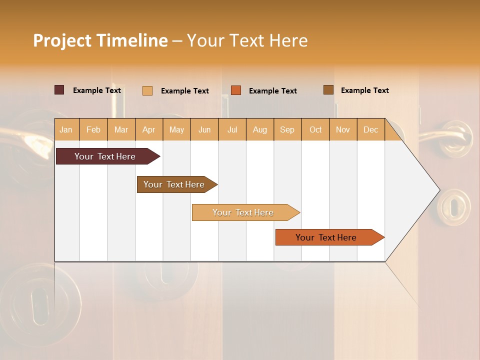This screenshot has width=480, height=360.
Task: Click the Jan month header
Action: pos(66,129)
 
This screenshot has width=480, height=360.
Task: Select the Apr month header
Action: pos(148,129)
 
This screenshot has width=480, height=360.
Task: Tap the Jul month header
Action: pos(232,129)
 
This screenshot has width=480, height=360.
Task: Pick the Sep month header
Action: pos(287,129)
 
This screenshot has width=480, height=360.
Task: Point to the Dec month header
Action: pos(370,129)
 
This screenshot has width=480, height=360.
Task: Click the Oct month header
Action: pos(315,129)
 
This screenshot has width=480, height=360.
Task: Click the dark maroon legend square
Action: pos(59,90)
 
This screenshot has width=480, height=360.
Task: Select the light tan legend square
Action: pos(147,90)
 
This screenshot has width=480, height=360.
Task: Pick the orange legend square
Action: pos(236,90)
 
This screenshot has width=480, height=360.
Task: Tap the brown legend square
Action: pos(328,90)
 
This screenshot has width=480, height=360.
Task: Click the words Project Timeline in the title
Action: pos(100,40)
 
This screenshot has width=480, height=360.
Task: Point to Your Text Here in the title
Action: pos(247,40)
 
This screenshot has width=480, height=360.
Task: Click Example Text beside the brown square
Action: pos(364,90)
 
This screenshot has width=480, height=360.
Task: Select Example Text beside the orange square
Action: pos(272,91)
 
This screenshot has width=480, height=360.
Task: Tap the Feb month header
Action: pos(93,129)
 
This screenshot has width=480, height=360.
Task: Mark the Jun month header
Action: pos(204,129)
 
